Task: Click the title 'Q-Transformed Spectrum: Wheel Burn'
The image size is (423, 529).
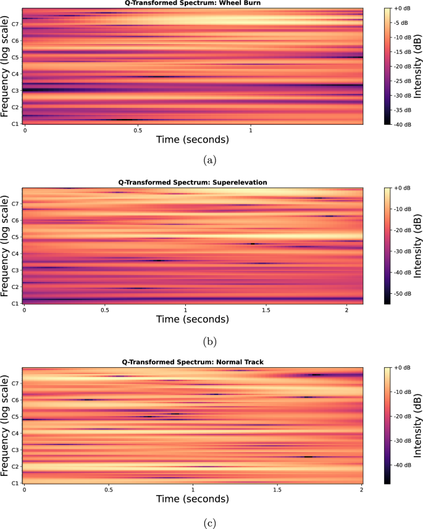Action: (x=193, y=4)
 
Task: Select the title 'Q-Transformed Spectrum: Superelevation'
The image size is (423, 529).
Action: (x=193, y=183)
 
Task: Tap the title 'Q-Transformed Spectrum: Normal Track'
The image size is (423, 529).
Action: (x=193, y=362)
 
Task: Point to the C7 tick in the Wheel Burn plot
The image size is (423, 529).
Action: (x=15, y=24)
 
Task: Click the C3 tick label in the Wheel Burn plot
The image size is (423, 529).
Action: (x=15, y=91)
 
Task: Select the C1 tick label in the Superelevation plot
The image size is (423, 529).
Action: (x=15, y=304)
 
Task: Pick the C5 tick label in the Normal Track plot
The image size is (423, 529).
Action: (x=15, y=417)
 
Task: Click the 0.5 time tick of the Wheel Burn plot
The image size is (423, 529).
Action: (x=138, y=131)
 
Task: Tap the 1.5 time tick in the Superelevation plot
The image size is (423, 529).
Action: (x=266, y=310)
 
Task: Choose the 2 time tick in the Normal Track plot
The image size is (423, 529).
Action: (x=362, y=489)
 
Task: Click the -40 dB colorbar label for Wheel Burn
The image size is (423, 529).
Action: (x=401, y=124)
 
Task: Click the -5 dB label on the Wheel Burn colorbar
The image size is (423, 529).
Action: (x=400, y=23)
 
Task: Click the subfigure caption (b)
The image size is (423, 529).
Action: (x=211, y=340)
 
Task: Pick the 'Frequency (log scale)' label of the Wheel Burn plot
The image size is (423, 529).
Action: (x=5, y=66)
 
